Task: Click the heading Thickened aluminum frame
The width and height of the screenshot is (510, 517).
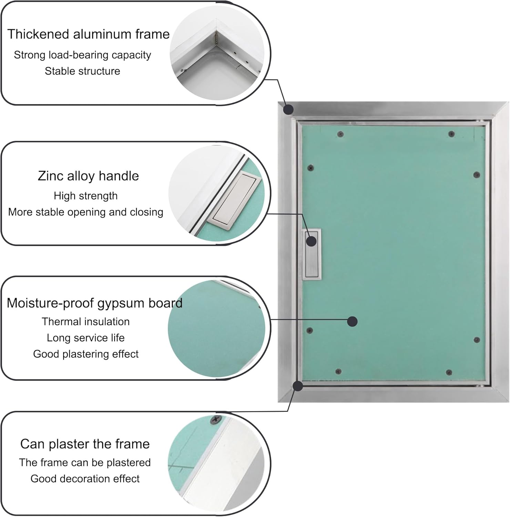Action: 88,34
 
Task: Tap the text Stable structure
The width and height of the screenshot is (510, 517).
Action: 82,71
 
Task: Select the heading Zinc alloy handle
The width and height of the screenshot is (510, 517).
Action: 88,176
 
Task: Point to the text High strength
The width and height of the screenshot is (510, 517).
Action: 85,196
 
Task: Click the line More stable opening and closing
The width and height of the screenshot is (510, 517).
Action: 85,212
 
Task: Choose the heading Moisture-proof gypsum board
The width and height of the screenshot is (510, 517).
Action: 94,303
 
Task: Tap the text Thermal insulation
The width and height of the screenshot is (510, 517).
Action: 85,322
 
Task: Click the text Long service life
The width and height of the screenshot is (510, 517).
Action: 85,338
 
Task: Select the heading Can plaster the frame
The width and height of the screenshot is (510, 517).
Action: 85,444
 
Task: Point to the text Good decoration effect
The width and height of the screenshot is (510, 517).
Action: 85,479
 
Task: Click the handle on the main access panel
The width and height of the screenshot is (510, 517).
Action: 312,254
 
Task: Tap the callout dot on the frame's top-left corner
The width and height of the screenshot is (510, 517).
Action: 288,110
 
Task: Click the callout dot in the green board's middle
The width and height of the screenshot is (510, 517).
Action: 352,322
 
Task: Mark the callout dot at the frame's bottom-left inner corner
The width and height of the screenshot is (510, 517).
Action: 298,386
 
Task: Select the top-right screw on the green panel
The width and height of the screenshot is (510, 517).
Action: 451,134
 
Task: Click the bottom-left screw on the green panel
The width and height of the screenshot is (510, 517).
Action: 338,372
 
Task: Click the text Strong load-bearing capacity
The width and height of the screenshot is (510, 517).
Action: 82,55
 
